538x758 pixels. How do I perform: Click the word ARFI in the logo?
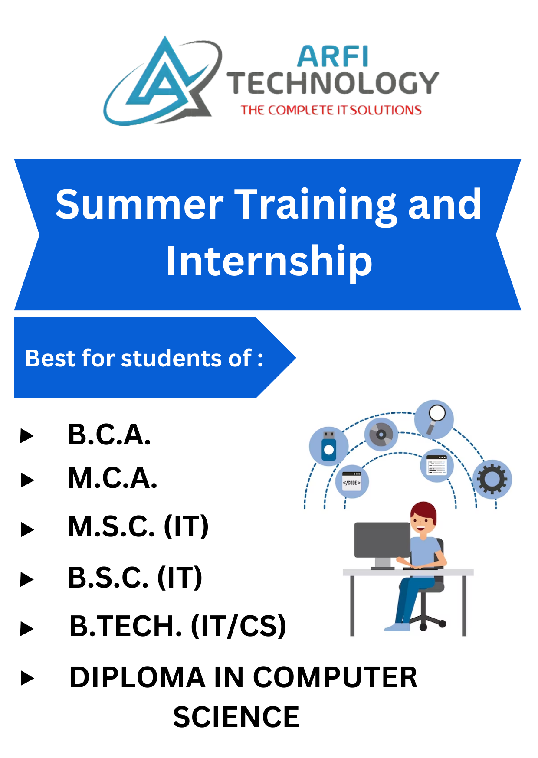point(333,56)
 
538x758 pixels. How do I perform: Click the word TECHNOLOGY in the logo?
point(333,83)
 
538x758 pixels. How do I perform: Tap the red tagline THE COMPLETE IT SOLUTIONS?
point(331,110)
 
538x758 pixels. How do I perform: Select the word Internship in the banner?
point(269,261)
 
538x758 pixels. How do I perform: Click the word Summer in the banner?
point(139,204)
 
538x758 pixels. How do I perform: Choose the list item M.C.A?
point(112,478)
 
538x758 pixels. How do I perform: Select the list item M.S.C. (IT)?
point(138,526)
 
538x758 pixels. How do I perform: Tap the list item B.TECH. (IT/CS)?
point(178,626)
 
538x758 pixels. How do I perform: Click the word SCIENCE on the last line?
point(236,717)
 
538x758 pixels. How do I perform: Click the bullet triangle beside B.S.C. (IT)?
point(27,579)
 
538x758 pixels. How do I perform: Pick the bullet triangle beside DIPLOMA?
point(27,678)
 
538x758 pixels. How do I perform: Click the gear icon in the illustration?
point(492,479)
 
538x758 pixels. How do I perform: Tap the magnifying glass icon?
point(434,418)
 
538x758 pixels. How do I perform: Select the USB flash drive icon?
point(329,446)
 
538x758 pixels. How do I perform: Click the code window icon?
point(352,481)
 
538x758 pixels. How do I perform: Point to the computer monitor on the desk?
point(382,540)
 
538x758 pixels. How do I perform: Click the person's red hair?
point(424,510)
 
